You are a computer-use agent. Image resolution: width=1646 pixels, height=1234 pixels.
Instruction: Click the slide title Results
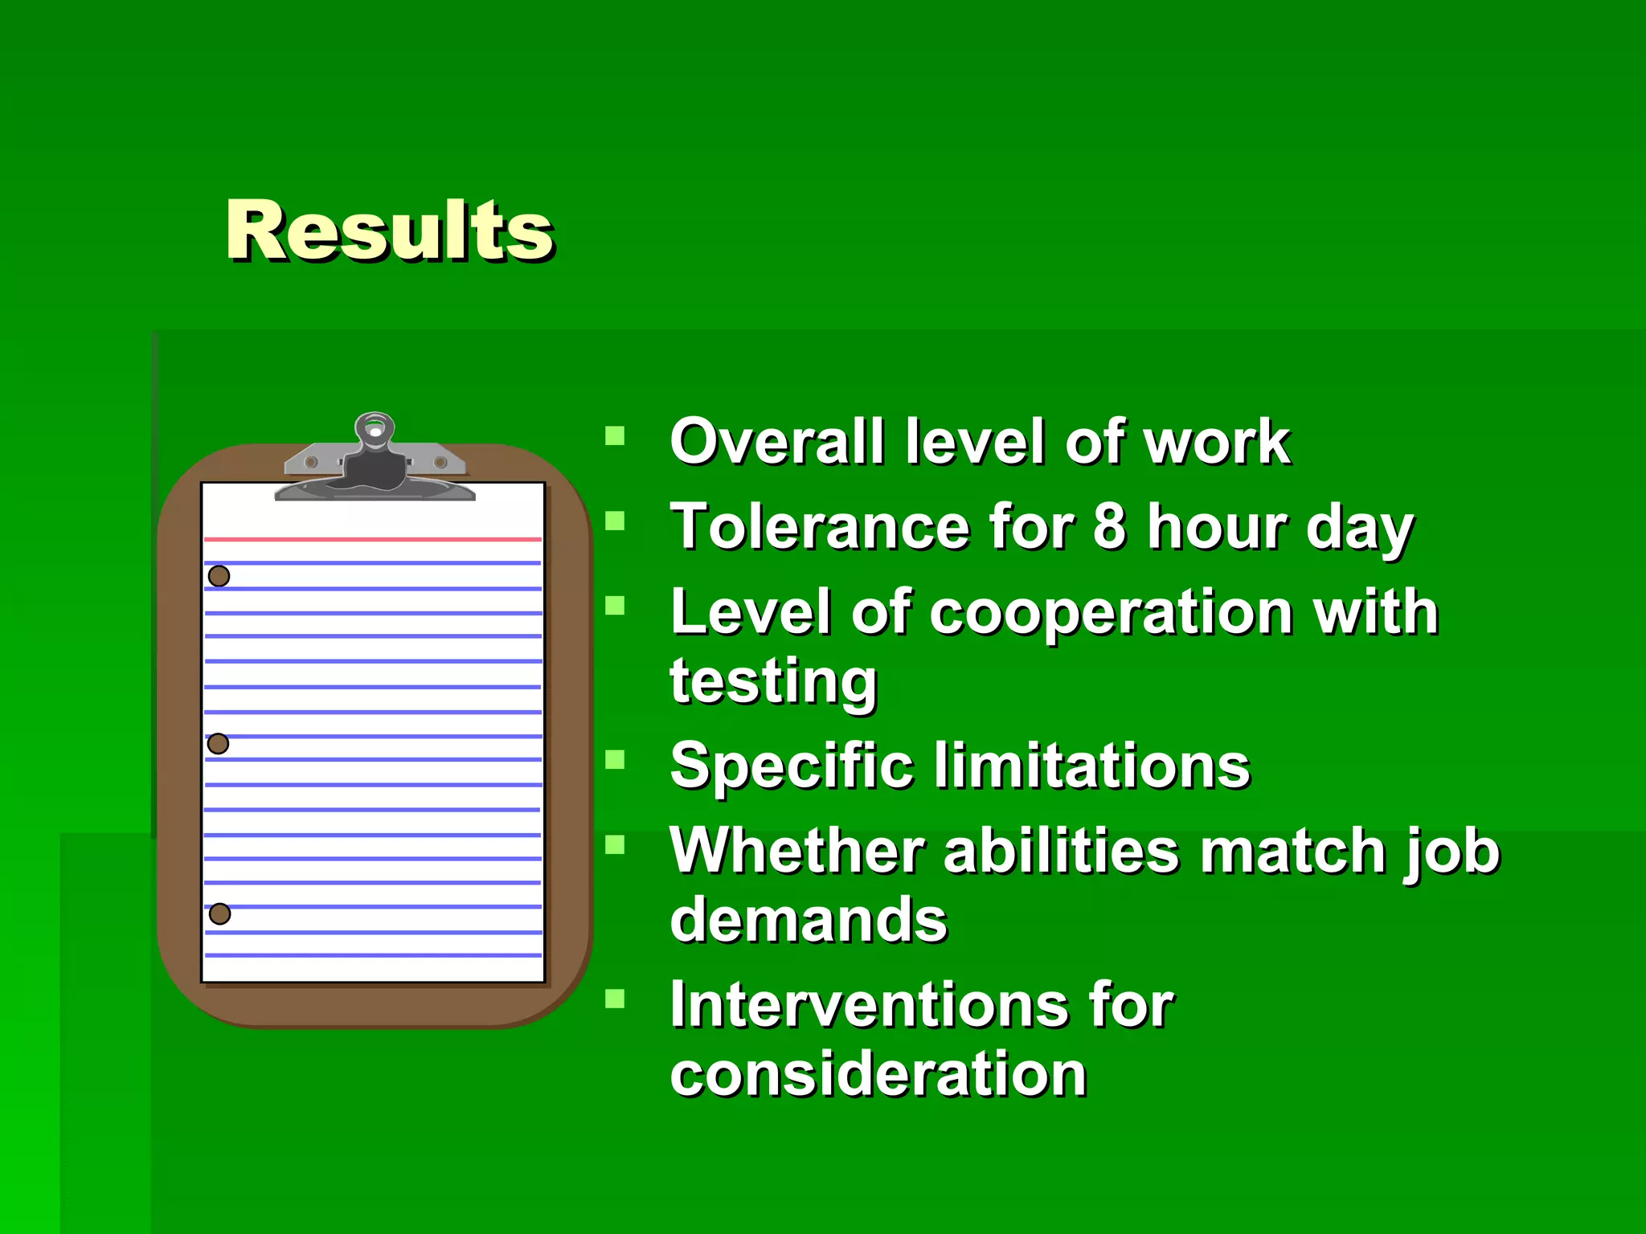(390, 231)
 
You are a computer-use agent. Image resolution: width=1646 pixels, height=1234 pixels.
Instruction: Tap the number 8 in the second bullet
(1109, 526)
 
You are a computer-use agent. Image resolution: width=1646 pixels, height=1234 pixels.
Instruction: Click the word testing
(773, 681)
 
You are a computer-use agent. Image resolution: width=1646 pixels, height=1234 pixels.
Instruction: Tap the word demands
(809, 919)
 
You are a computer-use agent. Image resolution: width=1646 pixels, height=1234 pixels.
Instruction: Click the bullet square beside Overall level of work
(615, 436)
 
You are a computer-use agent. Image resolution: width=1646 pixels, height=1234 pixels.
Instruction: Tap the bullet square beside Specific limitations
(615, 760)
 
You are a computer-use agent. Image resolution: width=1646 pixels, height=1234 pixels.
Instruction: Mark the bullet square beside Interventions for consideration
(615, 999)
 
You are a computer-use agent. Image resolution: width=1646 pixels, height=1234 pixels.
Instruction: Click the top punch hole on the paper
(219, 576)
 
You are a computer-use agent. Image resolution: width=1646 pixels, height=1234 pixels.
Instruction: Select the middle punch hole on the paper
(218, 744)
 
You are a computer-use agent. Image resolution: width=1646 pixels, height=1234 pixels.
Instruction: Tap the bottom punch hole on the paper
(219, 913)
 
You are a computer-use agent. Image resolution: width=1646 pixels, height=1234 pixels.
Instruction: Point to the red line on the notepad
(373, 539)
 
